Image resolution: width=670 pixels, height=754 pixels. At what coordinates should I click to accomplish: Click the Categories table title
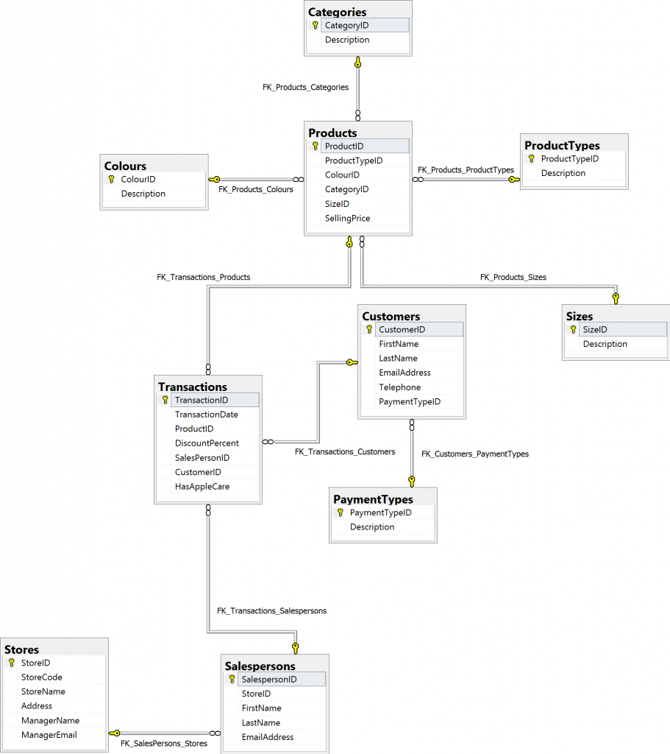click(x=337, y=12)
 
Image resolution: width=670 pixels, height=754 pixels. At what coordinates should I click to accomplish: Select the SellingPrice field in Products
click(x=347, y=218)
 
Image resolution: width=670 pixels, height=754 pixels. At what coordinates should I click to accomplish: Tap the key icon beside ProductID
click(x=315, y=147)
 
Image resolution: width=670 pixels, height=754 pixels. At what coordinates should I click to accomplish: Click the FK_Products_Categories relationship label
click(x=305, y=87)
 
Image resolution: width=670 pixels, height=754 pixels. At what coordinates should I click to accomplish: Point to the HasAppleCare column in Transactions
click(x=202, y=487)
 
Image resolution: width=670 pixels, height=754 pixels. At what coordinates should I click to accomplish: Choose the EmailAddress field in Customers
click(x=405, y=373)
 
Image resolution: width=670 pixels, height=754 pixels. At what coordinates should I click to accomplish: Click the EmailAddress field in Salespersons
click(x=268, y=737)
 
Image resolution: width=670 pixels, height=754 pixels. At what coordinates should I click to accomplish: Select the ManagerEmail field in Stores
click(x=50, y=735)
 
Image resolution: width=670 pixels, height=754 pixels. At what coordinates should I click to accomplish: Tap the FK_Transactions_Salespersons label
click(x=271, y=610)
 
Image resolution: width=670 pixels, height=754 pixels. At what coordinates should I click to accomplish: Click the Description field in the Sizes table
click(x=605, y=344)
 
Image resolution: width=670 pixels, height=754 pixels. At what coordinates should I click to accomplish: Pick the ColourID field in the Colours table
click(x=138, y=179)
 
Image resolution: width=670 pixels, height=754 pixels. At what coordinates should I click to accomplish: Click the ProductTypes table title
click(x=562, y=145)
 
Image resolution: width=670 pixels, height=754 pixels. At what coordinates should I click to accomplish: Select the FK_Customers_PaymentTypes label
click(x=474, y=454)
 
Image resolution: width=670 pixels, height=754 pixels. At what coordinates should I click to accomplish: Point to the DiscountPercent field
click(x=207, y=443)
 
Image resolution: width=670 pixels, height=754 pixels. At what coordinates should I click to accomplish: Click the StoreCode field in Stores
click(x=42, y=677)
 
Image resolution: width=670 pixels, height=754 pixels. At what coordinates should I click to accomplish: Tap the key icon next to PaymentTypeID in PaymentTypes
click(x=341, y=512)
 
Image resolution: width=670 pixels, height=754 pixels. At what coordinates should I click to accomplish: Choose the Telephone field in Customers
click(x=400, y=387)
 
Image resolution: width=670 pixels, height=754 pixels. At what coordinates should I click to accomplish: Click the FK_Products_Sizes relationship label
click(x=513, y=278)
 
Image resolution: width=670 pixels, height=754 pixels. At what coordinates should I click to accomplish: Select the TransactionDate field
click(x=206, y=415)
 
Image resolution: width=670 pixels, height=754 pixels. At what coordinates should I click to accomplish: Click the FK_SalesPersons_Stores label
click(x=164, y=744)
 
